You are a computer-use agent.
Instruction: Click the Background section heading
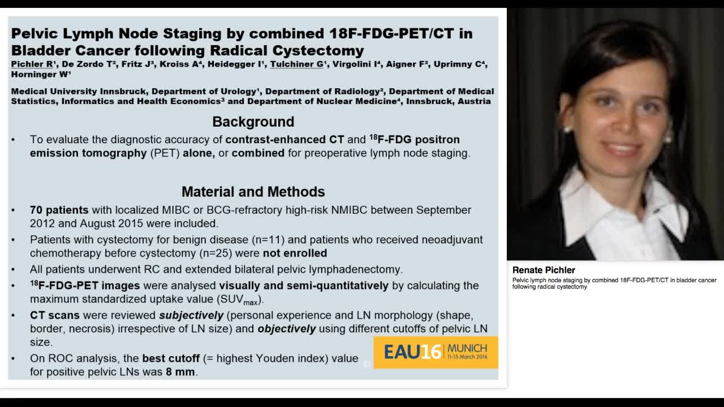coord(253,122)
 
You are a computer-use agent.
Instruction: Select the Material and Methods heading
coord(253,192)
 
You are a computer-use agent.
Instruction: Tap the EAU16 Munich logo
coord(436,352)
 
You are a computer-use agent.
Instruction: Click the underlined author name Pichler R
coord(33,64)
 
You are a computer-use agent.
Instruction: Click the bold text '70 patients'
coord(59,210)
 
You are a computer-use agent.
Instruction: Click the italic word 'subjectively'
coord(191,315)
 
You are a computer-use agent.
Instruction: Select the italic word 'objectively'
coord(287,328)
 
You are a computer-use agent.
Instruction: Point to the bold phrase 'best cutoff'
coord(171,358)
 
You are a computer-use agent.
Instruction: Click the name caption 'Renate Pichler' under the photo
coord(544,270)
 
